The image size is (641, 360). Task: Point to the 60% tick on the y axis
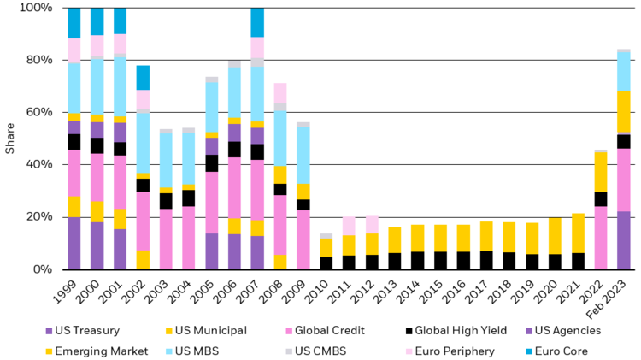39,112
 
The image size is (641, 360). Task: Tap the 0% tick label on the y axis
43,269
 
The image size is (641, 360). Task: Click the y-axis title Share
10,139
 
